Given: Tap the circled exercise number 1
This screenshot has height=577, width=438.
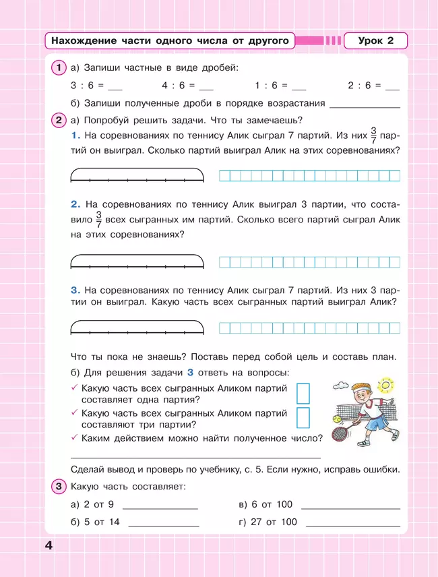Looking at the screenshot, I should (59, 67).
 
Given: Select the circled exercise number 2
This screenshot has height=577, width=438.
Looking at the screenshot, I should (59, 121).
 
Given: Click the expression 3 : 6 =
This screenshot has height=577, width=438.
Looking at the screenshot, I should (86, 86).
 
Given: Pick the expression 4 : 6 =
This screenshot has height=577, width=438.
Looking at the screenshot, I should (177, 86).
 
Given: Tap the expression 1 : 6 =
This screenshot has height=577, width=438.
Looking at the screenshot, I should (270, 86).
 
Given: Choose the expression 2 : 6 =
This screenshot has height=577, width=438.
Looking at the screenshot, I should (363, 86).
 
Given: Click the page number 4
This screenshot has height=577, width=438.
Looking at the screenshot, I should (49, 545).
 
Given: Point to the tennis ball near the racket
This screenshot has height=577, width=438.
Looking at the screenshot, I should (335, 419).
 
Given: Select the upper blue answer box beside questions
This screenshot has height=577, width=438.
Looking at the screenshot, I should (303, 393).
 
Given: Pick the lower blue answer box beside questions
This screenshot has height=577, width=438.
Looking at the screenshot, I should (303, 417).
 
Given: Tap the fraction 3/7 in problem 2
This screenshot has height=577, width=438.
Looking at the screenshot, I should (98, 220).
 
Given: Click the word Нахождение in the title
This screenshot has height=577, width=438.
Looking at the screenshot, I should (80, 41).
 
